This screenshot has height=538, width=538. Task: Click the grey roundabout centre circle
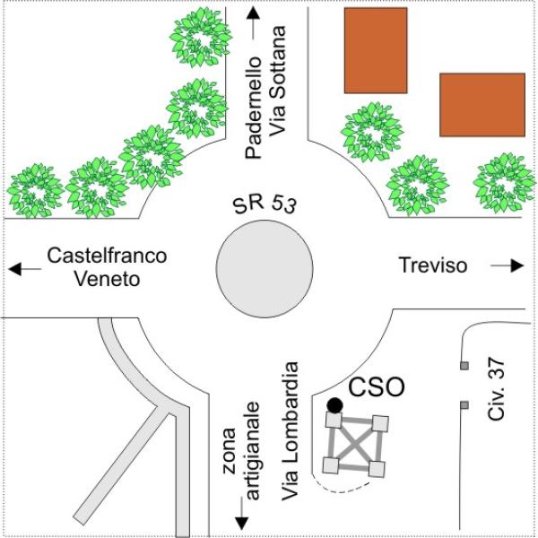tap(265, 265)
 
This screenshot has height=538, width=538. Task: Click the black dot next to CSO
tap(334, 405)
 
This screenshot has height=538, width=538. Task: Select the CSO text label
tap(376, 387)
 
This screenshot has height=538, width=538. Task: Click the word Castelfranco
tap(107, 256)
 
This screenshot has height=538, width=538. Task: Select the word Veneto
tap(107, 278)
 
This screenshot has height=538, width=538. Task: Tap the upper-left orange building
tap(376, 50)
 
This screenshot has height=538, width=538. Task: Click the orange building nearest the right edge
tap(482, 104)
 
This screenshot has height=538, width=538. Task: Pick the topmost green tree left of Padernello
tap(201, 38)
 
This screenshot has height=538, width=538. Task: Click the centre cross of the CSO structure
tap(355, 444)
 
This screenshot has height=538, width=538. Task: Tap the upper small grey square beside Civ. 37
tap(464, 366)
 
